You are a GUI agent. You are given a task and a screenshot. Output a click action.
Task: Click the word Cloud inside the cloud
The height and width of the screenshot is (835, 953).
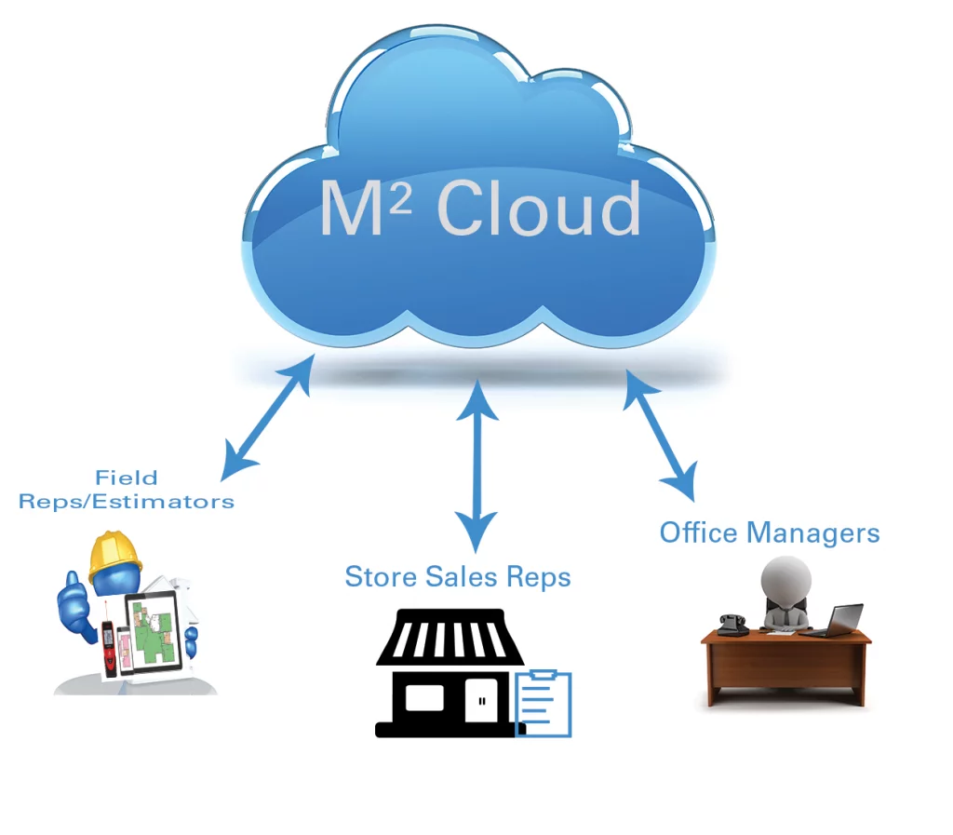pyautogui.click(x=539, y=208)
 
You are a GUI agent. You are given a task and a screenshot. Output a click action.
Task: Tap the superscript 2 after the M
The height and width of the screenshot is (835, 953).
pyautogui.click(x=399, y=193)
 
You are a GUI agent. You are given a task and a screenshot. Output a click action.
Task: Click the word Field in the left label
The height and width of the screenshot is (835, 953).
pyautogui.click(x=127, y=478)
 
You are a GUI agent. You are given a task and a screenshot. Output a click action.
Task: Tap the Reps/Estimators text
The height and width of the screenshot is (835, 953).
pyautogui.click(x=127, y=501)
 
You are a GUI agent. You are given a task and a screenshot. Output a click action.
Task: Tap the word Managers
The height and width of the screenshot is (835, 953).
pyautogui.click(x=813, y=533)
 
